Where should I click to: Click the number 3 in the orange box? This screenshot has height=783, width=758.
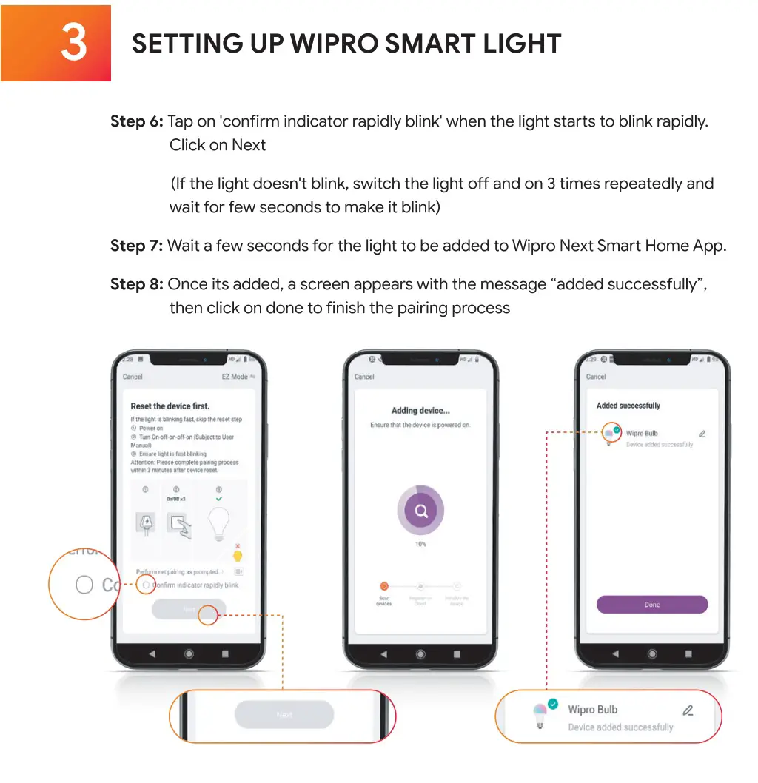click(73, 44)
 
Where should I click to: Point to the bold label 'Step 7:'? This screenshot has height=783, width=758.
click(136, 246)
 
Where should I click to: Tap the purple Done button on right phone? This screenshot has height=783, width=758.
click(652, 605)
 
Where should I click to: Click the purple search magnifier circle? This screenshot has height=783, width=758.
click(420, 511)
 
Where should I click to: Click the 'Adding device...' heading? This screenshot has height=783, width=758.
click(420, 411)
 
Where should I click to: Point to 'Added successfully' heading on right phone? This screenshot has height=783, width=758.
click(628, 406)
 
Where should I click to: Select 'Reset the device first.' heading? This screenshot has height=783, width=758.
click(170, 406)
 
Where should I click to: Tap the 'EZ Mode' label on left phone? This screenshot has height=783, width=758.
click(236, 377)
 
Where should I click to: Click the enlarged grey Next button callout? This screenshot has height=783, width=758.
click(284, 715)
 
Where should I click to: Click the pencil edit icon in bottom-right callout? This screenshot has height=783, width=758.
click(688, 710)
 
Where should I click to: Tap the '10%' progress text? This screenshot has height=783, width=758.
click(420, 544)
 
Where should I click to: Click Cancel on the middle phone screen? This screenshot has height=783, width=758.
click(364, 377)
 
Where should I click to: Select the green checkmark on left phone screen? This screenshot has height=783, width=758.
click(219, 498)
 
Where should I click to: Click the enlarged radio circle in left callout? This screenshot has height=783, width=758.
click(84, 585)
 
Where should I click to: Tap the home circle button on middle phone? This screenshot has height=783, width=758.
click(420, 654)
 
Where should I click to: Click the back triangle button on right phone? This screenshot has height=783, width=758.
click(616, 654)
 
